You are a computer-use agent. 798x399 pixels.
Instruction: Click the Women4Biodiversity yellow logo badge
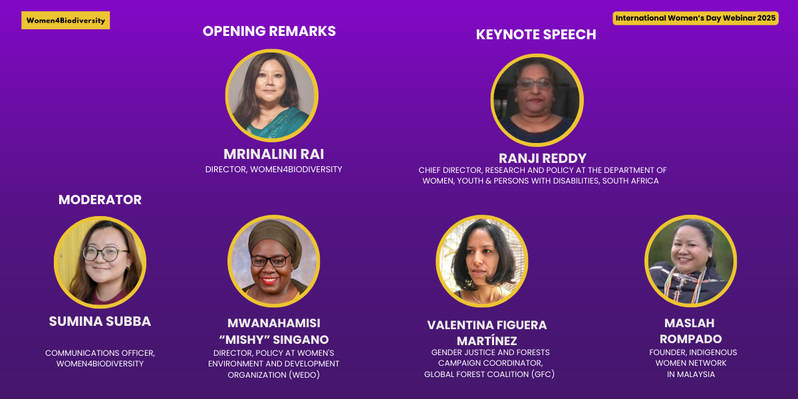click(x=66, y=21)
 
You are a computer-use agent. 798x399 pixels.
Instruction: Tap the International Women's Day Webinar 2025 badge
click(x=696, y=18)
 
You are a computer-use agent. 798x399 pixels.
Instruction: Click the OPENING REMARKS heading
click(x=269, y=31)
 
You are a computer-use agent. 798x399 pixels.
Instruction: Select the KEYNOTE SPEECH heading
click(x=536, y=35)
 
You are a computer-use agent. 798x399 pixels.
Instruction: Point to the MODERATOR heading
click(x=100, y=200)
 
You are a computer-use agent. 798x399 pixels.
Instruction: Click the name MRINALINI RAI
click(x=273, y=154)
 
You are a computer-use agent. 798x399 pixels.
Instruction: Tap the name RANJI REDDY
click(x=543, y=158)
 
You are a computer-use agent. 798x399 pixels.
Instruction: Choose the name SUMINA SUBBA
click(x=100, y=321)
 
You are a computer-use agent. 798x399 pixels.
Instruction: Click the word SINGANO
click(x=301, y=340)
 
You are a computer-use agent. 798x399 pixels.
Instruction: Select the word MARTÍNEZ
click(x=487, y=341)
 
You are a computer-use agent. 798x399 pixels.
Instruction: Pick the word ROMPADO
click(x=691, y=338)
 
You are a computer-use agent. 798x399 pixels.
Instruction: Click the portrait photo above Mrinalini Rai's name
click(x=272, y=96)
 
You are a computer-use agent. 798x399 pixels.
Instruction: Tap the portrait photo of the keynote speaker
click(x=537, y=100)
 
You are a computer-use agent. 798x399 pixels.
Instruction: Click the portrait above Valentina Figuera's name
click(x=482, y=261)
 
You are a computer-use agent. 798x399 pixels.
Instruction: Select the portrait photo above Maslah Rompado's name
click(x=691, y=261)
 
